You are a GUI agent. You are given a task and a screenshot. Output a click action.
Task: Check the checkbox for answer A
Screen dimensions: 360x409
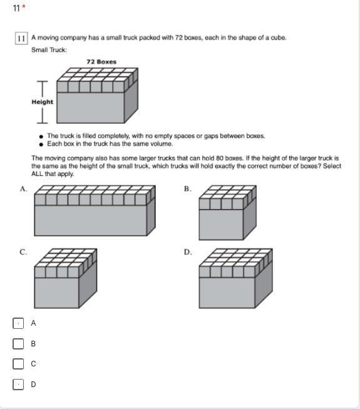[x=18, y=323]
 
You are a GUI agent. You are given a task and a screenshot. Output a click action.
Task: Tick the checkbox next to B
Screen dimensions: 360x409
[x=18, y=343]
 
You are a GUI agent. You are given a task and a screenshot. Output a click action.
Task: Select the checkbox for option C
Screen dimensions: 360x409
[x=18, y=364]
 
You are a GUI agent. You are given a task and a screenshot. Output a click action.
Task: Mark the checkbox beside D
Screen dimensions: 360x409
[x=18, y=384]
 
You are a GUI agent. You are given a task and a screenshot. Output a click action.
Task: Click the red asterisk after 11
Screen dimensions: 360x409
[x=24, y=6]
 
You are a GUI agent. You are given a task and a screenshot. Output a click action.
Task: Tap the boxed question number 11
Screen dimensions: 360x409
[x=21, y=38]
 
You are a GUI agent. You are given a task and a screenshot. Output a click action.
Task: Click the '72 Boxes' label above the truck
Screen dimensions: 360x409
[x=101, y=62]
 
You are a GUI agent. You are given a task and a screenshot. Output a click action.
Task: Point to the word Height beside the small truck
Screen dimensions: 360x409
[x=42, y=101]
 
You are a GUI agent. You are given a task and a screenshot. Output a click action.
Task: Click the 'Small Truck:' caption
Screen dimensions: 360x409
[x=49, y=50]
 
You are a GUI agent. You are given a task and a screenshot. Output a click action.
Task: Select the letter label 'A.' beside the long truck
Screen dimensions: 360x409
[x=23, y=189]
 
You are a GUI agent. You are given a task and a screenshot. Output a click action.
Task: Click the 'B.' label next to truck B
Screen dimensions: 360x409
[x=188, y=189]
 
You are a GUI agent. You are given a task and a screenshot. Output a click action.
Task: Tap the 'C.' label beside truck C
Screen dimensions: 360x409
[x=23, y=252]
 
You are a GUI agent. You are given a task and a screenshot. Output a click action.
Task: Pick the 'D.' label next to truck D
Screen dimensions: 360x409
[x=188, y=252]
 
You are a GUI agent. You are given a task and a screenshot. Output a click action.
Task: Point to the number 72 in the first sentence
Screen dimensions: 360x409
[x=179, y=38]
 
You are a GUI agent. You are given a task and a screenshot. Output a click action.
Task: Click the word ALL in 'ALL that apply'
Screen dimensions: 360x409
[x=37, y=173]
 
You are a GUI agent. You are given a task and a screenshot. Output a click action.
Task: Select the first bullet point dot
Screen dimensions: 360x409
[x=41, y=137]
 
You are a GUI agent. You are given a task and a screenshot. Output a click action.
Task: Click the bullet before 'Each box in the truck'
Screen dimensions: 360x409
[x=41, y=144]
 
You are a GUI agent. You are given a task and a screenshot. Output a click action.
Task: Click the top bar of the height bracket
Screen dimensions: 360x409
[x=42, y=81]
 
